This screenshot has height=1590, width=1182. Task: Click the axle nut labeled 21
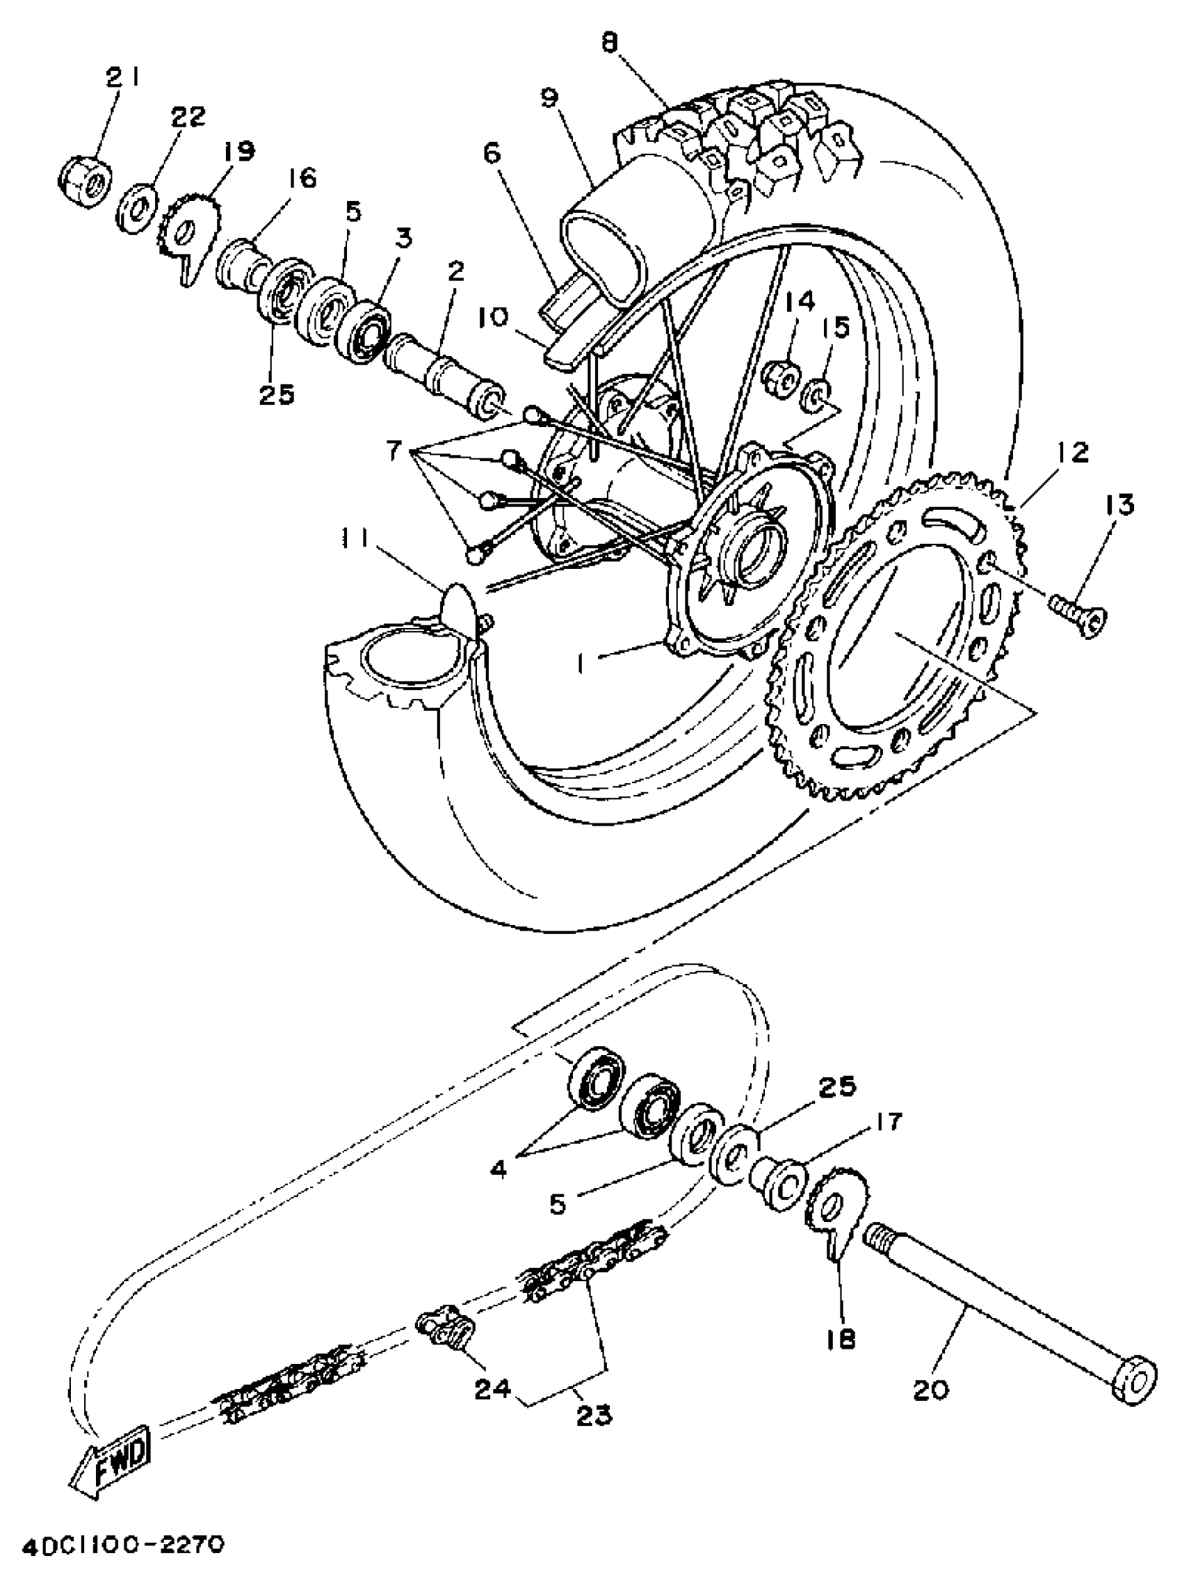point(84,182)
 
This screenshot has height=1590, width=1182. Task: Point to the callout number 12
point(1071,452)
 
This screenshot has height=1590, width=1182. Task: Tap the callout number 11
point(354,540)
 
